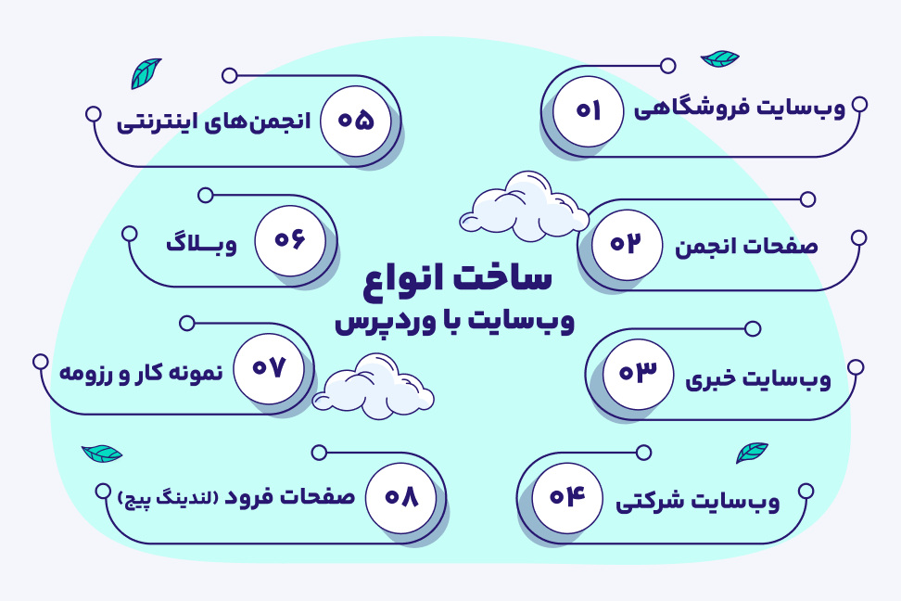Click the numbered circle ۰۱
tap(588, 111)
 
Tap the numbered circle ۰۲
tap(627, 245)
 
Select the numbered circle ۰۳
tap(638, 374)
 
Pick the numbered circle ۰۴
tap(567, 497)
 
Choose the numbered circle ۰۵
tap(356, 121)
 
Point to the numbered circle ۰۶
tap(289, 240)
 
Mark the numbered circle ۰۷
tap(269, 368)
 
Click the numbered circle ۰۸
tap(401, 498)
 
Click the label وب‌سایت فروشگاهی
tap(740, 109)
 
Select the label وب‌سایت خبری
tap(758, 379)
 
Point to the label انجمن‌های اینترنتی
tap(214, 121)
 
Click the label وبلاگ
tap(202, 244)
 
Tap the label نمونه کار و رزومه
tap(141, 373)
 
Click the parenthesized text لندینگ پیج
tap(168, 499)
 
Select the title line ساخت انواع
tap(457, 279)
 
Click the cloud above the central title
tap(524, 206)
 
